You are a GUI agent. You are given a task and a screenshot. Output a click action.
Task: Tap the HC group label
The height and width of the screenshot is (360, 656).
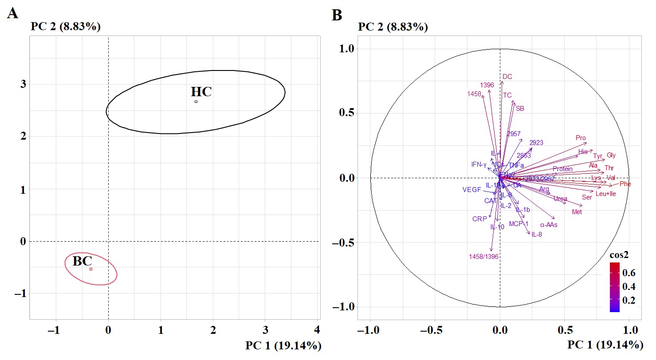point(201,92)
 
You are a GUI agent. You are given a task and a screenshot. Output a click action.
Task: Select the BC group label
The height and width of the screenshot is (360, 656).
point(82,261)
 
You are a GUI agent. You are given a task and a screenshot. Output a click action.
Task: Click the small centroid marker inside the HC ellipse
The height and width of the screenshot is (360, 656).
point(196,102)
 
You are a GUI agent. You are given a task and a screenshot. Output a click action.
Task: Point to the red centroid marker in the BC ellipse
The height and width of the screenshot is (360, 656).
point(91,269)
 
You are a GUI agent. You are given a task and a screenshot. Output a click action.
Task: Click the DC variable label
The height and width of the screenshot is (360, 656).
point(507,76)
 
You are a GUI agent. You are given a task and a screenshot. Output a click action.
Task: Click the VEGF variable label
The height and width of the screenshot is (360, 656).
point(471,190)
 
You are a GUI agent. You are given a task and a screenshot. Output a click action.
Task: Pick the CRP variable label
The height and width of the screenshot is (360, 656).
point(479,219)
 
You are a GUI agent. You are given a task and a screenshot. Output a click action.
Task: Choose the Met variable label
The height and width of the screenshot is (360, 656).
point(577,212)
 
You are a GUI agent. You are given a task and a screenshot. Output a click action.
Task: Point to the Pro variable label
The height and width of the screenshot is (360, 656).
point(581,138)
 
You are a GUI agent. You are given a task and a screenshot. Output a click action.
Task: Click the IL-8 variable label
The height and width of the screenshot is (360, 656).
point(537,235)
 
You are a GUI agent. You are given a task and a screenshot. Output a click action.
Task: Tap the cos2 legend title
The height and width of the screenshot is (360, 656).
point(620,256)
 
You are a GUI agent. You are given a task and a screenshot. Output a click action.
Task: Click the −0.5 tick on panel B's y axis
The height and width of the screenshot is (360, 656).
point(344,243)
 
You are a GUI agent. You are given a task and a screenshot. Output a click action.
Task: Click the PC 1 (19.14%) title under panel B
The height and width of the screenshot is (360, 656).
point(605,345)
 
